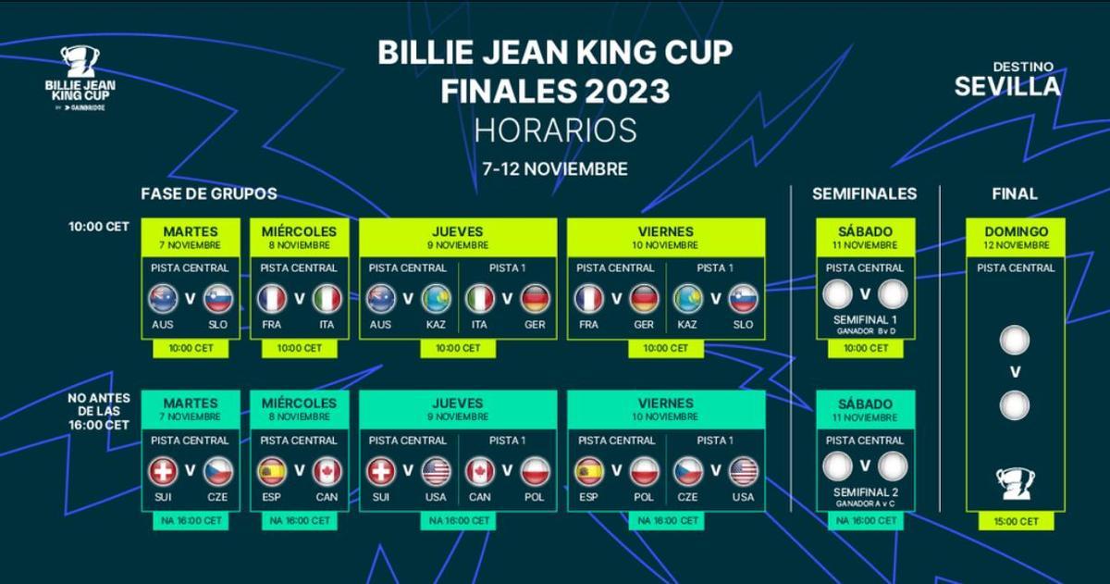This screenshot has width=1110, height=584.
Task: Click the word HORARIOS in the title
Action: point(555,130)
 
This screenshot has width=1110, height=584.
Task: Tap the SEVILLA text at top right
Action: point(1007,87)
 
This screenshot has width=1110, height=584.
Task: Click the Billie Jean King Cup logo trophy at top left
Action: point(80,61)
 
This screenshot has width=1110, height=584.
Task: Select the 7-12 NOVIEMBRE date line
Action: point(555,169)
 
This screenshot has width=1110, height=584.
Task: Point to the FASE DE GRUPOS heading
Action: point(209,193)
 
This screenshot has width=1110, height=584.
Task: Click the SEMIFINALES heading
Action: point(864,193)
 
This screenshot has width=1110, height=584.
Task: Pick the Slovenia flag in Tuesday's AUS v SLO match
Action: point(218,299)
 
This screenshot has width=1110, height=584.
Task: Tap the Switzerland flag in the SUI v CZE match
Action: point(163,471)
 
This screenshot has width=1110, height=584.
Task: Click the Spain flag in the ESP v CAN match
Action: point(272,471)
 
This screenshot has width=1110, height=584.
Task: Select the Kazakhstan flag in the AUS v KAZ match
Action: point(436,299)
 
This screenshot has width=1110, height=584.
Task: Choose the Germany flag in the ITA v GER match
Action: point(536,299)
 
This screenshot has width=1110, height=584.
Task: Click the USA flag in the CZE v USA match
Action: point(744,471)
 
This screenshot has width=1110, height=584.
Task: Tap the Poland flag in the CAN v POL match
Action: point(536,471)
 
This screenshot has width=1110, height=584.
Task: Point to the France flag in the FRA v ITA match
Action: point(272,299)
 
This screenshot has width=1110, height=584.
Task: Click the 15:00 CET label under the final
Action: point(1016,522)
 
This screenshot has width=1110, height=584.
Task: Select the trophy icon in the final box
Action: point(1016,484)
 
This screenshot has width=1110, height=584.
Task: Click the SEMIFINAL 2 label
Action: point(865,492)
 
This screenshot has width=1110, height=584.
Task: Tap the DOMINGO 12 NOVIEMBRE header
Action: point(1016,238)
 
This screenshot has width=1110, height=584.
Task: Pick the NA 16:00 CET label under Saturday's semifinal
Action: point(866,520)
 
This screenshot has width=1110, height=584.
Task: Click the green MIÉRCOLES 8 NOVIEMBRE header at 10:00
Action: point(300,238)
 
